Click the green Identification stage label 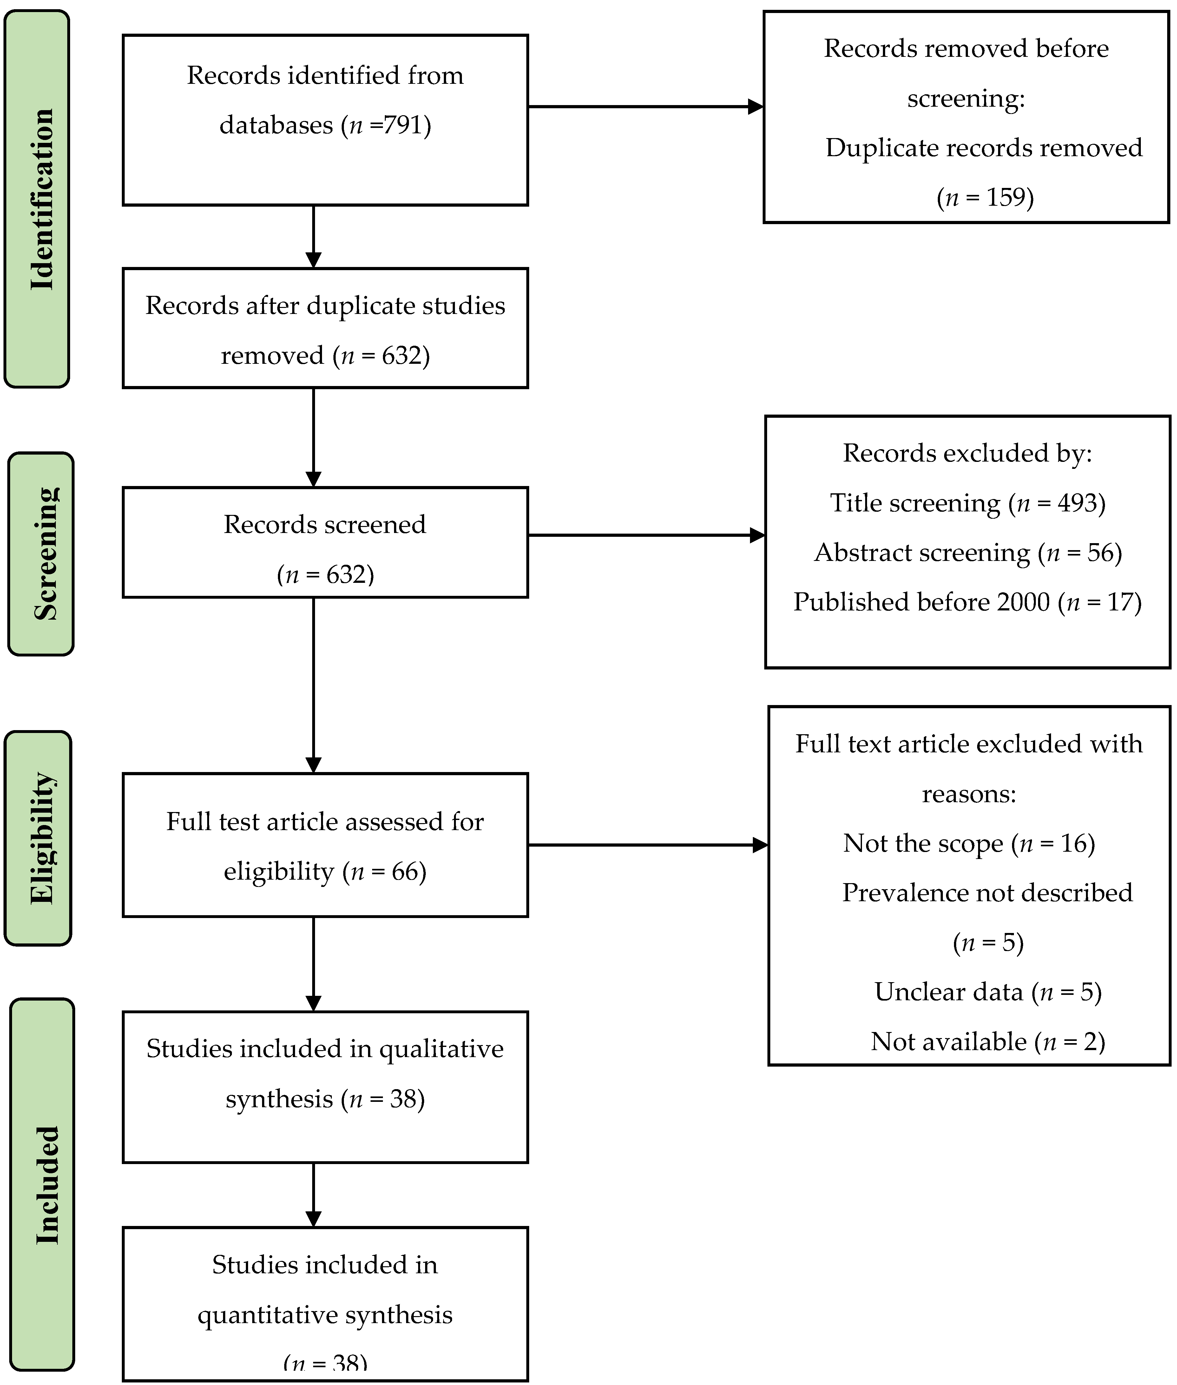coord(37,199)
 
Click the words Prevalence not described coord(987,893)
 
